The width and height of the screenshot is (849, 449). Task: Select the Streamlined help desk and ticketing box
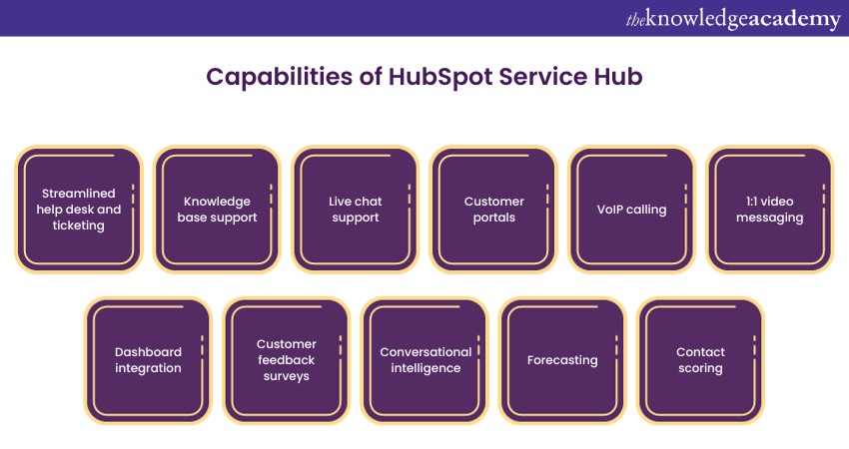pyautogui.click(x=79, y=209)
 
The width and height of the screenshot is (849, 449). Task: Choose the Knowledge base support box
pyautogui.click(x=217, y=209)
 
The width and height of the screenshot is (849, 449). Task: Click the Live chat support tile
pyautogui.click(x=355, y=209)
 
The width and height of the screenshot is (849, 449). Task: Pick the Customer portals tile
pyautogui.click(x=493, y=209)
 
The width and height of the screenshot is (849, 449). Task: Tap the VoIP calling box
pyautogui.click(x=631, y=209)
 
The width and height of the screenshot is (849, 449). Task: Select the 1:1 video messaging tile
pyautogui.click(x=769, y=209)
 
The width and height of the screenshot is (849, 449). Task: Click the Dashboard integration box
pyautogui.click(x=148, y=359)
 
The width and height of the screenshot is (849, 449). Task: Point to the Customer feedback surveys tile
pyautogui.click(x=286, y=359)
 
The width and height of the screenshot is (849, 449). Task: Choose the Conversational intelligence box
pyautogui.click(x=424, y=359)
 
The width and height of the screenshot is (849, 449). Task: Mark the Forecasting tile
pyautogui.click(x=562, y=359)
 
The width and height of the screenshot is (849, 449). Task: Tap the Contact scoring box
pyautogui.click(x=700, y=359)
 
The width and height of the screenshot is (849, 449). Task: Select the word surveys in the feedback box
pyautogui.click(x=286, y=376)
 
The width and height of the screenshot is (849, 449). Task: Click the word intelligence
pyautogui.click(x=425, y=368)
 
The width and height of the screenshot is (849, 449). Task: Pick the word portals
pyautogui.click(x=493, y=218)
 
